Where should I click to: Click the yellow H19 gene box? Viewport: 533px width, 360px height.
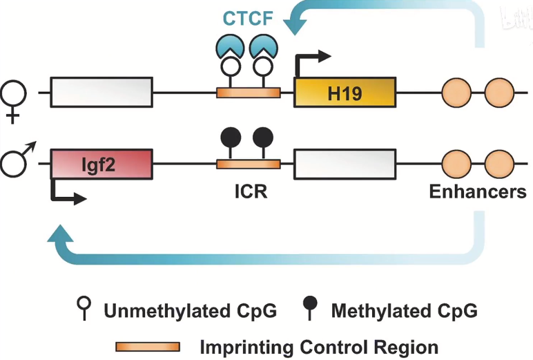click(345, 93)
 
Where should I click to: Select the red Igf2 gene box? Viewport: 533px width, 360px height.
click(101, 164)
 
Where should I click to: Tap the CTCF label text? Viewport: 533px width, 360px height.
click(248, 19)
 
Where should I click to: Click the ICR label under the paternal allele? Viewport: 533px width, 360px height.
click(251, 191)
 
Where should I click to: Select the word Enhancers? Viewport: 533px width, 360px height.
click(478, 191)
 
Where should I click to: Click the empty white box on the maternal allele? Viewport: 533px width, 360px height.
click(101, 92)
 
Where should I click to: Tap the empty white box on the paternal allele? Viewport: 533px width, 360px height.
click(345, 164)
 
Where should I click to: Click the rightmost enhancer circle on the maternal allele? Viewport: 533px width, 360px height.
click(499, 93)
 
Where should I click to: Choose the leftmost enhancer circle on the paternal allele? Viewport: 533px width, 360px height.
click(456, 164)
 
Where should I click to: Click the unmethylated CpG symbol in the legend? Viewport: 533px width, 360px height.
click(84, 307)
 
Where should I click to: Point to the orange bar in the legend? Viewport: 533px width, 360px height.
click(148, 347)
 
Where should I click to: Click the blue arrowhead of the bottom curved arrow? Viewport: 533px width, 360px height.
click(60, 234)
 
